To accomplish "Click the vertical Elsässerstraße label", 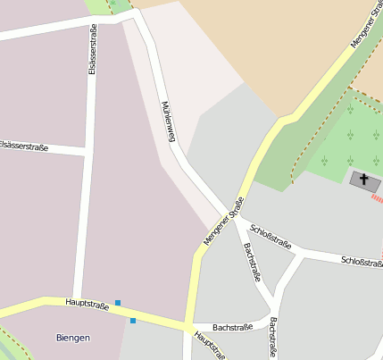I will pyautogui.click(x=93, y=50).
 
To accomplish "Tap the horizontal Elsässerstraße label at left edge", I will pyautogui.click(x=24, y=145).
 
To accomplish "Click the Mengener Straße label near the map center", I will pyautogui.click(x=223, y=221).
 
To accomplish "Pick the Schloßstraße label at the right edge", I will pyautogui.click(x=362, y=261).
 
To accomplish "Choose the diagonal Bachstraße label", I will pyautogui.click(x=252, y=262).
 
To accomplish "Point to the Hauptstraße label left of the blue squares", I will pyautogui.click(x=87, y=304).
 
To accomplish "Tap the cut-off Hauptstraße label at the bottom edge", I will pyautogui.click(x=211, y=346).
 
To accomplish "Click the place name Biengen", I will pyautogui.click(x=73, y=338).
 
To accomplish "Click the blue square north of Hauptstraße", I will pyautogui.click(x=117, y=303).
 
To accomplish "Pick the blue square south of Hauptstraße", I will pyautogui.click(x=133, y=320).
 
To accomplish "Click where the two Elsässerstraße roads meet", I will pyautogui.click(x=87, y=154).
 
